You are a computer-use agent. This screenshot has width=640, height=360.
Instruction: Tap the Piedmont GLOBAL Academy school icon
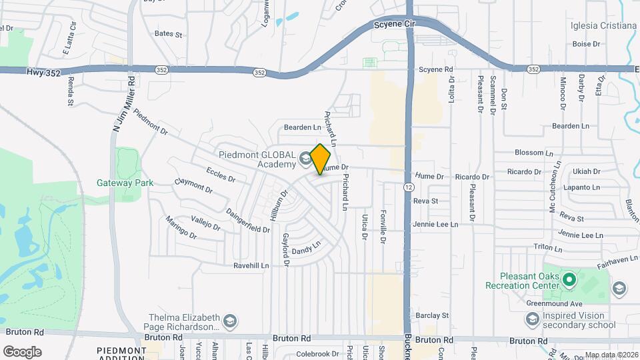pos(305,158)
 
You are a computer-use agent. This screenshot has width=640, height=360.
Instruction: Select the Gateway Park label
pos(125,183)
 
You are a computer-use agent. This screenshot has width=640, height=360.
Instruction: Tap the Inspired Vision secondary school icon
pos(533,321)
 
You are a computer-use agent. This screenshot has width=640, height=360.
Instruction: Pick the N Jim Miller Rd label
pos(123,103)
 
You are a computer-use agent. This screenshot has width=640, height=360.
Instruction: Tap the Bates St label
pos(168,33)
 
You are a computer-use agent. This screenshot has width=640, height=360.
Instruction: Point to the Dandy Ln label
pos(307,248)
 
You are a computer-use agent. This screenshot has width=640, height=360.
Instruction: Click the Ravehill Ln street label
pos(251,265)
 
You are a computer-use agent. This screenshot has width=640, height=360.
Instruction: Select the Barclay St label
pos(431,315)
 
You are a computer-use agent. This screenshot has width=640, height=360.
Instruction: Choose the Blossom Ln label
pos(530,153)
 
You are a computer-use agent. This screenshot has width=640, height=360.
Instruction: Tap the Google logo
pos(22,351)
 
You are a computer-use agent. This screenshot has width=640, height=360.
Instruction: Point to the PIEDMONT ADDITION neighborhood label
pos(121,354)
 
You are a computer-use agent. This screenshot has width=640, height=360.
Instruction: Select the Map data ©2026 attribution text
pos(611,355)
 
